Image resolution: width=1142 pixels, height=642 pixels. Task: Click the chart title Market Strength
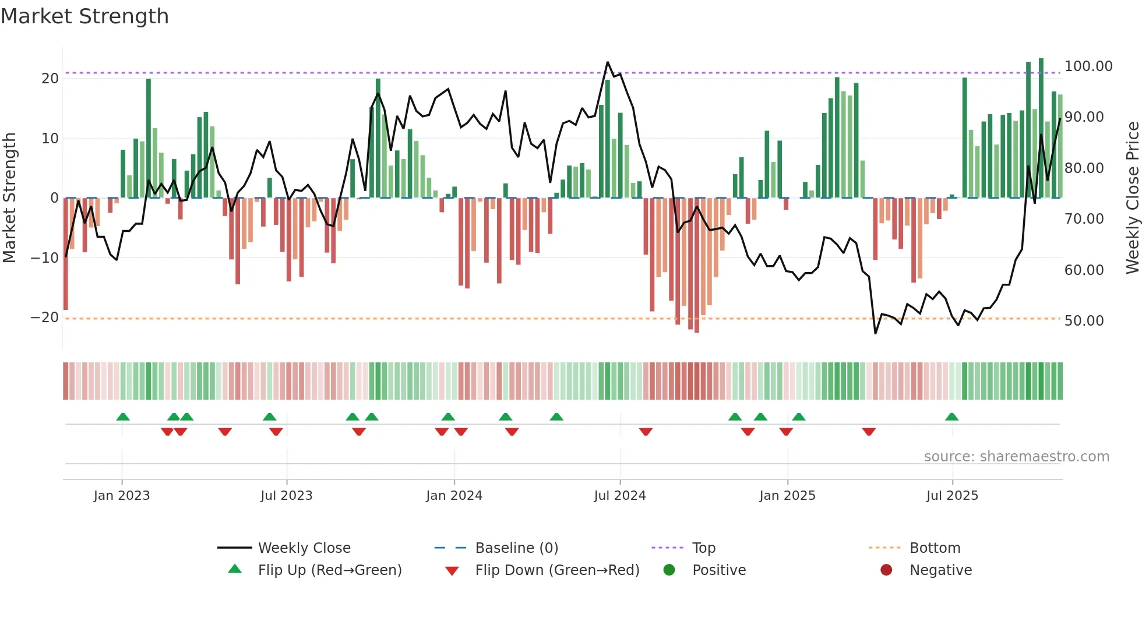[84, 16]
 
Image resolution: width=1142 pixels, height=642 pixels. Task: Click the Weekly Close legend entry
[304, 548]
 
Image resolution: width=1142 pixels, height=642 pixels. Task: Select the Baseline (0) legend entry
[516, 548]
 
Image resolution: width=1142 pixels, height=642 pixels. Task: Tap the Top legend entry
[703, 548]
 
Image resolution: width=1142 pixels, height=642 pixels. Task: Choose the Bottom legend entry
[935, 548]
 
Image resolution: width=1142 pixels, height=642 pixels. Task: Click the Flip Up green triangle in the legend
[235, 569]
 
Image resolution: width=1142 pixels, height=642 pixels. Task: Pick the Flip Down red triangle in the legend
[452, 571]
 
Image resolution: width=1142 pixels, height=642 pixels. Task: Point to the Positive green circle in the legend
[669, 570]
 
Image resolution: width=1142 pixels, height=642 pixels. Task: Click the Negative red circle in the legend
[886, 570]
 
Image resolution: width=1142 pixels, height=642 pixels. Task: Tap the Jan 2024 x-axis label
[454, 496]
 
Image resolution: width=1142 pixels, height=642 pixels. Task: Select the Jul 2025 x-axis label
[952, 496]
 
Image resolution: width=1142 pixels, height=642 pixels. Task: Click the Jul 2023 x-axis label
[286, 496]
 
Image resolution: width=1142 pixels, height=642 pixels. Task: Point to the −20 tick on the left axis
[45, 318]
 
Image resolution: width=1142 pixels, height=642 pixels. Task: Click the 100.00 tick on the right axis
[1088, 66]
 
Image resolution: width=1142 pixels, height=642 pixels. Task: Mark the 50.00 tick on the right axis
[1084, 321]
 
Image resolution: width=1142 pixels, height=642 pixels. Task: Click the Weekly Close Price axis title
[1132, 198]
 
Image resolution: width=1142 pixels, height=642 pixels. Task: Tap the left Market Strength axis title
[9, 198]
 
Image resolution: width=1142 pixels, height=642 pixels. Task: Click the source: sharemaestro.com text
[1016, 457]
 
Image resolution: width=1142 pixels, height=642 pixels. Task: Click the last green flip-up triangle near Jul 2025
[951, 417]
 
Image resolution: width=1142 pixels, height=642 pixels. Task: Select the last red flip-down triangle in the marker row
[869, 432]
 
